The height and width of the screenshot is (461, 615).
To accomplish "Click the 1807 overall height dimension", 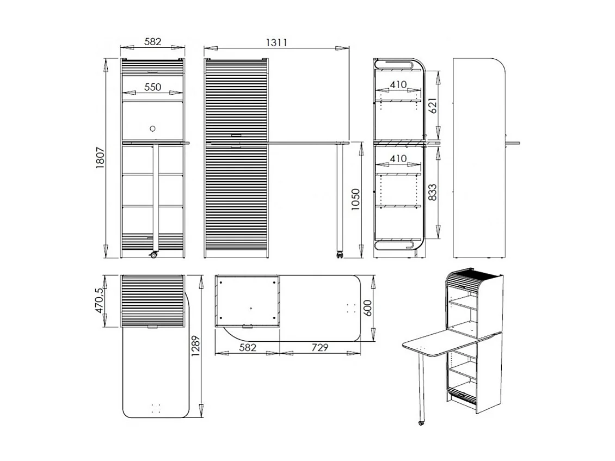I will (x=100, y=158).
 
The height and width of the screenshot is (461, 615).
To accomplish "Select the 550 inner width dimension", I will (x=153, y=87).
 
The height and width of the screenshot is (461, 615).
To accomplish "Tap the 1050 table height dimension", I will (x=355, y=200).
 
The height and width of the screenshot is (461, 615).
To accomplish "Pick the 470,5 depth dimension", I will (x=99, y=300).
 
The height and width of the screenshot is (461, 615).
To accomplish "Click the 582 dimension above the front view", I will (x=153, y=42).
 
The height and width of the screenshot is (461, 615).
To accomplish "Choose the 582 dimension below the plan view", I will (x=247, y=347).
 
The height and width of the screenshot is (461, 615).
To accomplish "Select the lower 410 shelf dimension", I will (x=398, y=158).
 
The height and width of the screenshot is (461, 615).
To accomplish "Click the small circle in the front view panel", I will (x=153, y=128).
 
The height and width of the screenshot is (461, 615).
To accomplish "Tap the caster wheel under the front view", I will (x=154, y=255).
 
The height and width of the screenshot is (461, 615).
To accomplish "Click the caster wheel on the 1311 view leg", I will (x=340, y=254).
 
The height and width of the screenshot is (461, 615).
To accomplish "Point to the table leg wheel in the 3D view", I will (x=421, y=422).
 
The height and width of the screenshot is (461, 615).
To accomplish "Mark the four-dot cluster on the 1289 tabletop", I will (x=156, y=408).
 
